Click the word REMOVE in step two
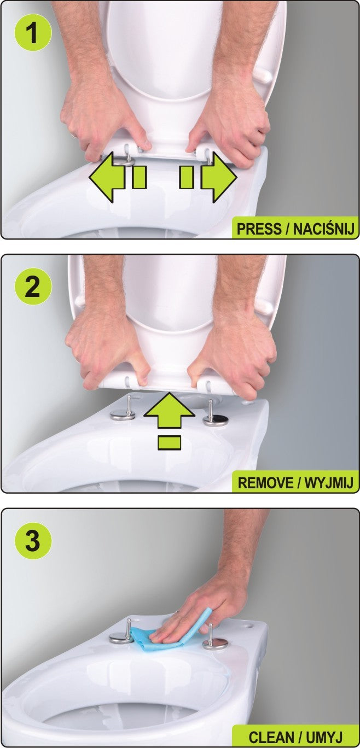point(264,483)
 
